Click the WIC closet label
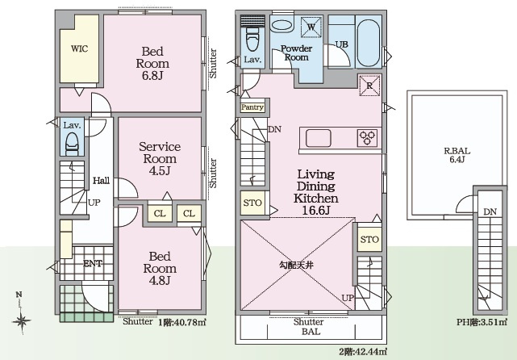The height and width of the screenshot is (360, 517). pyautogui.click(x=80, y=49)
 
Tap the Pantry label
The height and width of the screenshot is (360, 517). pyautogui.click(x=252, y=107)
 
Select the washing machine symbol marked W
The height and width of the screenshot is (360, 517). pyautogui.click(x=311, y=27)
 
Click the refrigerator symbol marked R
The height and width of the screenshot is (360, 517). pyautogui.click(x=369, y=86)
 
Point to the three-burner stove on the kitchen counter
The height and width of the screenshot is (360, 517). pyautogui.click(x=367, y=137)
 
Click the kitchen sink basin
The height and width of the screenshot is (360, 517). pyautogui.click(x=318, y=138)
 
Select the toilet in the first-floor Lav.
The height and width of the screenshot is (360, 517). pyautogui.click(x=73, y=144)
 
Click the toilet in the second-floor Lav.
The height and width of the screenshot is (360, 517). pyautogui.click(x=253, y=38)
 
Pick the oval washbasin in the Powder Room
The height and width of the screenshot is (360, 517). pyautogui.click(x=282, y=26)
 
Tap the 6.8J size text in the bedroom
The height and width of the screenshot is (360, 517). pyautogui.click(x=152, y=76)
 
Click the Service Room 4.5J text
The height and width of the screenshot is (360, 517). pyautogui.click(x=160, y=158)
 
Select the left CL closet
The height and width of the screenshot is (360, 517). pyautogui.click(x=160, y=213)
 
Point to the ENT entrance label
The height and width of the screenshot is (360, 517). pyautogui.click(x=93, y=263)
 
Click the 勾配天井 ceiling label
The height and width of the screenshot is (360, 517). pyautogui.click(x=296, y=265)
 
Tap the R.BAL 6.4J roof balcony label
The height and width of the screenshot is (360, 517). pyautogui.click(x=457, y=155)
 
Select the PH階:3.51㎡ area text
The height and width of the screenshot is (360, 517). pyautogui.click(x=482, y=322)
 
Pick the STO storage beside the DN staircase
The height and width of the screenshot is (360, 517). pyautogui.click(x=252, y=203)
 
